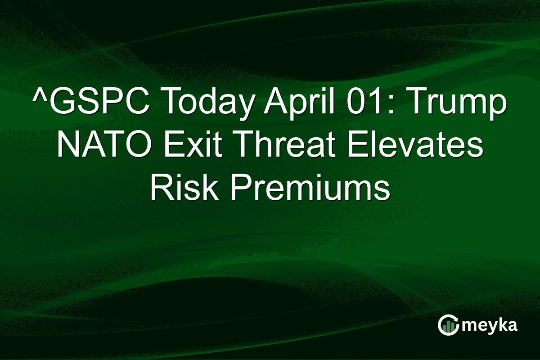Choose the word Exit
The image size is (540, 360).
[198, 145]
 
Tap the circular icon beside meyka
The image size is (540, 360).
[448, 325]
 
